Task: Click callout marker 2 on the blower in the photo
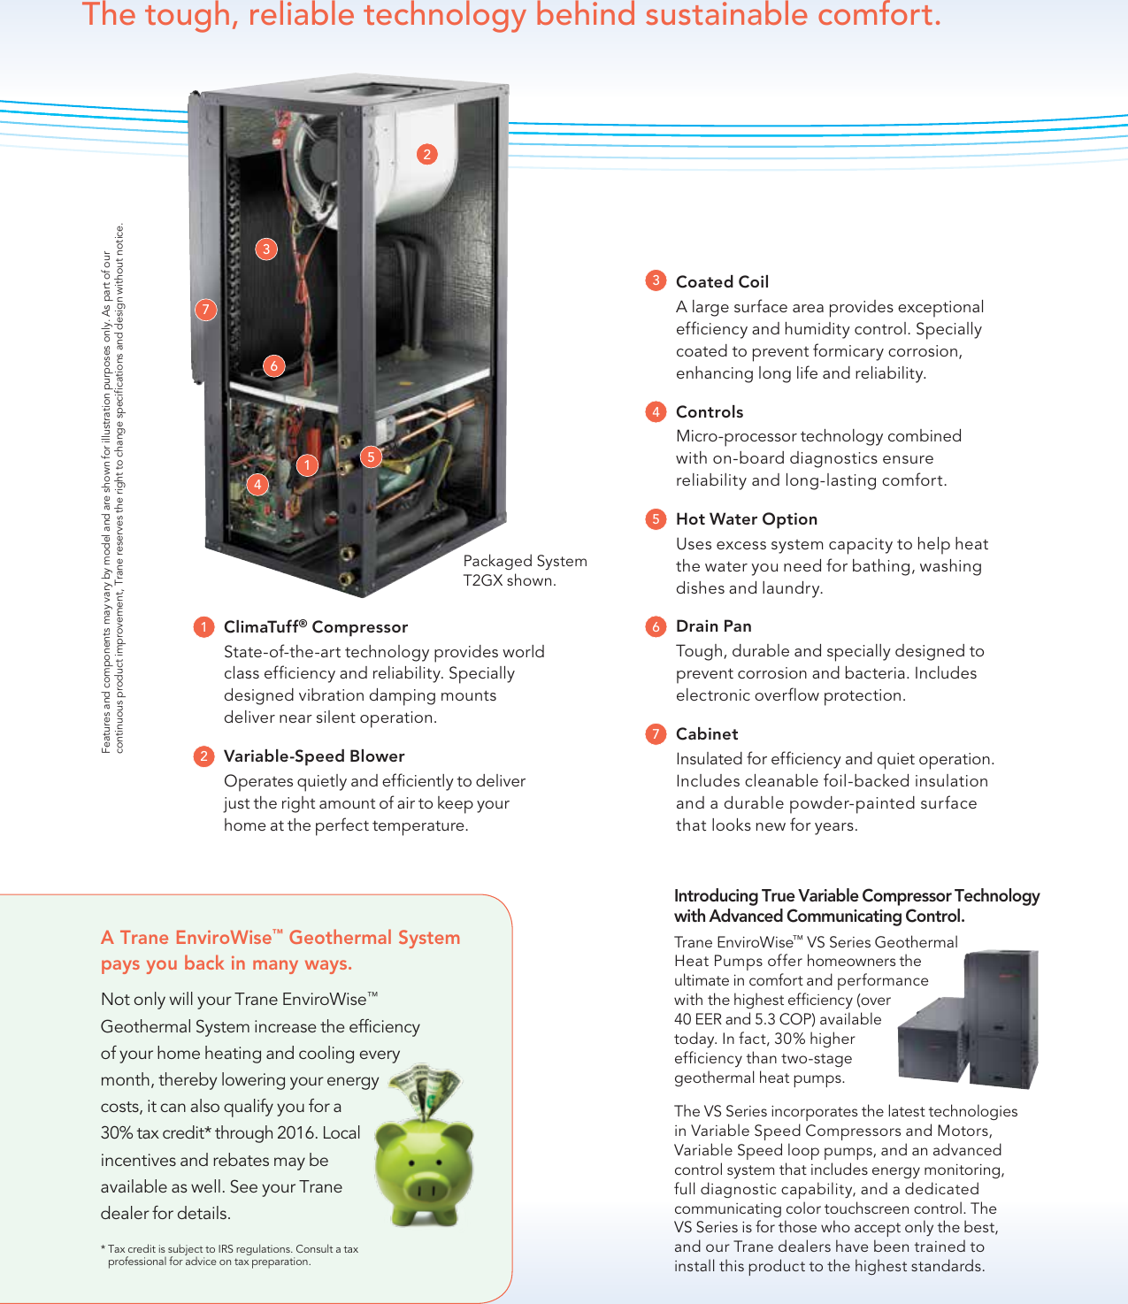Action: (x=427, y=154)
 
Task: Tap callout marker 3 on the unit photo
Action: (x=266, y=249)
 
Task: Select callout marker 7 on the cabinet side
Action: (x=205, y=309)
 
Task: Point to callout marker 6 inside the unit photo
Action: (x=274, y=365)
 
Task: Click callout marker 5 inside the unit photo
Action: (x=372, y=456)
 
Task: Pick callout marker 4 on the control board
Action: (x=257, y=484)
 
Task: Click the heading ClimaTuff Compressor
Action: (x=315, y=627)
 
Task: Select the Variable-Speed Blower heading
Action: (x=313, y=756)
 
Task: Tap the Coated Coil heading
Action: (x=722, y=282)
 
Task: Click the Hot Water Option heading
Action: (x=746, y=519)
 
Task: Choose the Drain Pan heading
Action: (x=713, y=626)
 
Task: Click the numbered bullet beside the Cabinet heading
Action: (x=656, y=734)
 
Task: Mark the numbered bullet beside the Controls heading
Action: (x=656, y=412)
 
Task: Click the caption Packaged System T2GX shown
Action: (x=525, y=571)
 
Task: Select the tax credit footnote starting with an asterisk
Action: (x=230, y=1255)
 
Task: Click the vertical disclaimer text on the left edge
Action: (x=113, y=487)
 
